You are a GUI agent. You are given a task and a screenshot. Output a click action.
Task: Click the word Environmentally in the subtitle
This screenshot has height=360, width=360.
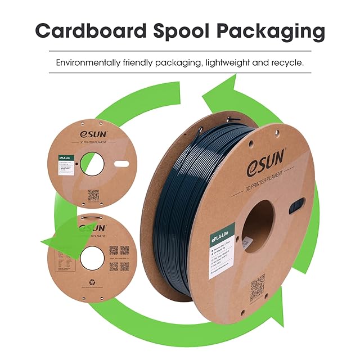click(89, 62)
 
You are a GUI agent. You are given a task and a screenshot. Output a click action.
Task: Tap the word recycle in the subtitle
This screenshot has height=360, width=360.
click(285, 62)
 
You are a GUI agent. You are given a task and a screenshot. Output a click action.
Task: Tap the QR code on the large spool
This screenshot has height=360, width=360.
click(257, 282)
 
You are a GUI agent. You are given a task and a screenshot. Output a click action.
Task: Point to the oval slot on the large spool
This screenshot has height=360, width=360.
click(296, 206)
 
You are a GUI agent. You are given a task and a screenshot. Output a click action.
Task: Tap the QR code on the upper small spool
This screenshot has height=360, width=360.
click(93, 195)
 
